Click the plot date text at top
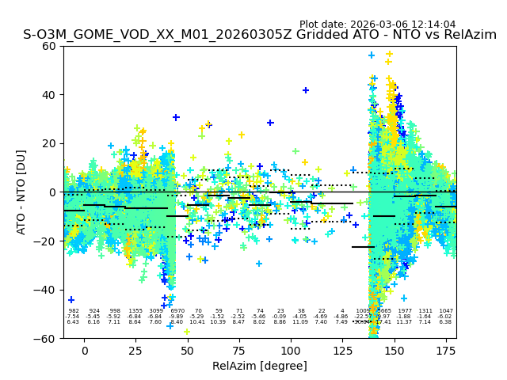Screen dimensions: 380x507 (377, 25)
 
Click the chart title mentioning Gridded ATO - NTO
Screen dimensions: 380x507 (259, 35)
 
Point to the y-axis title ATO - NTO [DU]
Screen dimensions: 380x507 (21, 192)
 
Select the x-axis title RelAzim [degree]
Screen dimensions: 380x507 (259, 366)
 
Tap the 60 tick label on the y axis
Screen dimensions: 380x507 (49, 46)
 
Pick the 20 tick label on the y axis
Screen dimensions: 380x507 (49, 143)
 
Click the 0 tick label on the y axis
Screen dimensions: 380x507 (52, 192)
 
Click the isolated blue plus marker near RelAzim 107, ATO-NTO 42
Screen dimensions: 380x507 (306, 90)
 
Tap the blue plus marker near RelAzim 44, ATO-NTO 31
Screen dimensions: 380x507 (176, 117)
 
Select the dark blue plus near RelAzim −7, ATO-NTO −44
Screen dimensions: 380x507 (71, 300)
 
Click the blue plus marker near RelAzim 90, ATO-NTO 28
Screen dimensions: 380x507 (270, 123)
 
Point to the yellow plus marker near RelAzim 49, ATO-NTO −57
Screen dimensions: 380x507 (187, 331)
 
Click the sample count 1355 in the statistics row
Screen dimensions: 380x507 (135, 312)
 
